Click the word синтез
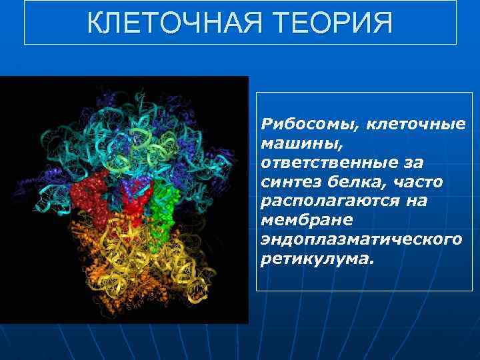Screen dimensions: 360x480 point(285,181)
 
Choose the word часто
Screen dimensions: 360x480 point(405,181)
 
